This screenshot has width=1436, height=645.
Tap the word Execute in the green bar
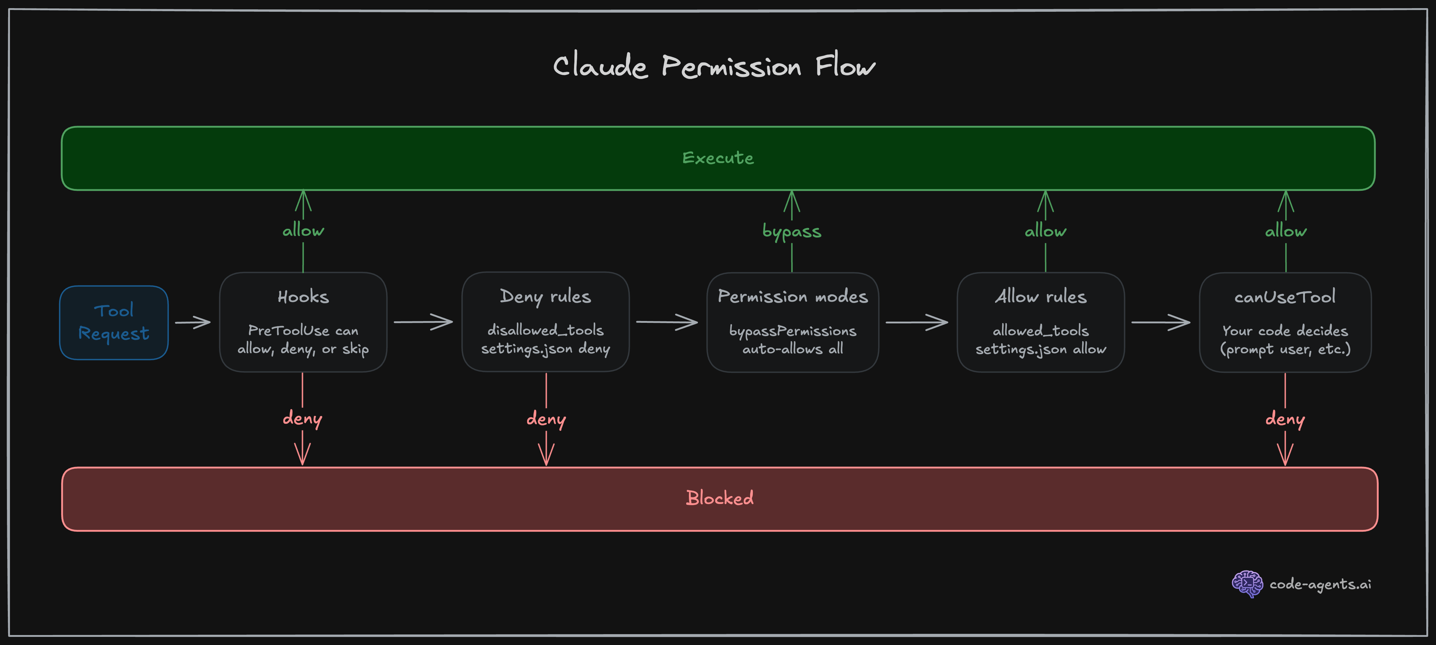[x=718, y=158]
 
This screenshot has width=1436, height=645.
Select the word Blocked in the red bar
[x=719, y=498]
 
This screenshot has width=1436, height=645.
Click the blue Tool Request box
[x=114, y=322]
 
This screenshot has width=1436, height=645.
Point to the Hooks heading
[x=303, y=297]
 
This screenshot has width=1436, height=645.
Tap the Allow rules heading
[x=1040, y=297]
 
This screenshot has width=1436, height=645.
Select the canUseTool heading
[x=1285, y=297]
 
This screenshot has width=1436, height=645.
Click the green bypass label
[x=792, y=231]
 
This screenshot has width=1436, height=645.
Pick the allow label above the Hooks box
[x=303, y=230]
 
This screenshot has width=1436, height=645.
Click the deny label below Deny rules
[x=546, y=418]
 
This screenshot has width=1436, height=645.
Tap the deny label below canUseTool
[x=1285, y=418]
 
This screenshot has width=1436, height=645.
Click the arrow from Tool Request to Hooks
[x=193, y=322]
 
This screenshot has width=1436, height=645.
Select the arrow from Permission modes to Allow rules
[x=917, y=322]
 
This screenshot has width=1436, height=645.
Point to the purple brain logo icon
[x=1247, y=584]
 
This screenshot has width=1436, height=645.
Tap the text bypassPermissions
[x=792, y=331]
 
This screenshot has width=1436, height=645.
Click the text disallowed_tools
[x=545, y=330]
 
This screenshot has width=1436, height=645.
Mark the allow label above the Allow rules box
[x=1045, y=231]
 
